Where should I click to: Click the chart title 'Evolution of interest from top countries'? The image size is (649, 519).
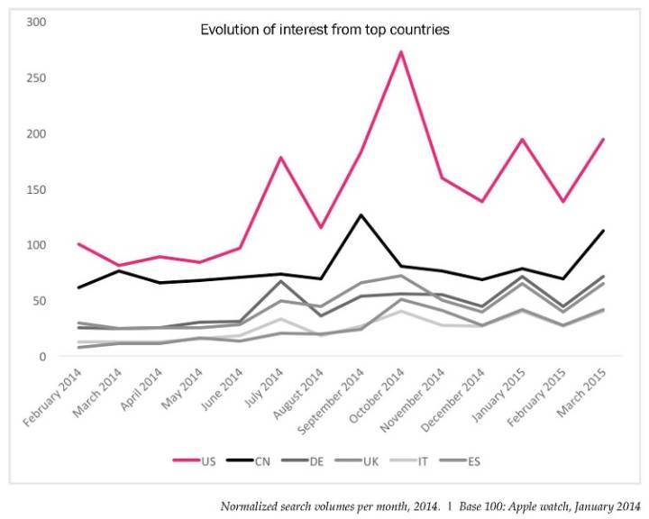324,30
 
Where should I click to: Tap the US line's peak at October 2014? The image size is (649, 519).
400,51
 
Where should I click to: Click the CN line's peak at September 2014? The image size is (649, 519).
361,214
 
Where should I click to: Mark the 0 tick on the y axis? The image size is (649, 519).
41,357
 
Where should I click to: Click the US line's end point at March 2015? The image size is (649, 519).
602,140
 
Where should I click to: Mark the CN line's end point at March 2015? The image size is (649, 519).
602,231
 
